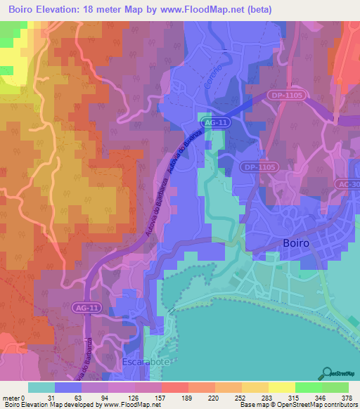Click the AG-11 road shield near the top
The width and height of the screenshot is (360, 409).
pos(214,122)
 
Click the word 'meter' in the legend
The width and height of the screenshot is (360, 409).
pos(13,397)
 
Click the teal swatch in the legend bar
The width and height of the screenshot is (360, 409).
pos(41,387)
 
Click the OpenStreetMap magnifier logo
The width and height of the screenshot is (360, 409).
pos(328,372)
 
